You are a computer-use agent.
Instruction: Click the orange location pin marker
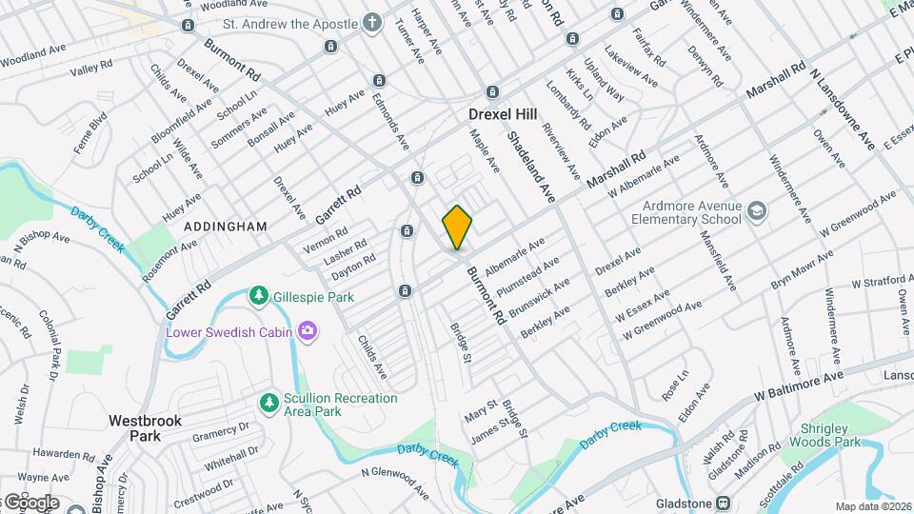point(458,227)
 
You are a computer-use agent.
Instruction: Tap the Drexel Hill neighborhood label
point(503,113)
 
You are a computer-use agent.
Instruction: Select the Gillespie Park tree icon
point(258,297)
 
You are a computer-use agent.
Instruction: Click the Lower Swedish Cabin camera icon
point(307,332)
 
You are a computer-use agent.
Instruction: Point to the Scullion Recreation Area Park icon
point(270,404)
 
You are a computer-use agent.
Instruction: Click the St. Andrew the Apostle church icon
point(371,23)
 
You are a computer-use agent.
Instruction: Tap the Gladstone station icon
point(723,503)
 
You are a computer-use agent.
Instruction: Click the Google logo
point(30,502)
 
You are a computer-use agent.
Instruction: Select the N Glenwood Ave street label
point(394,480)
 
